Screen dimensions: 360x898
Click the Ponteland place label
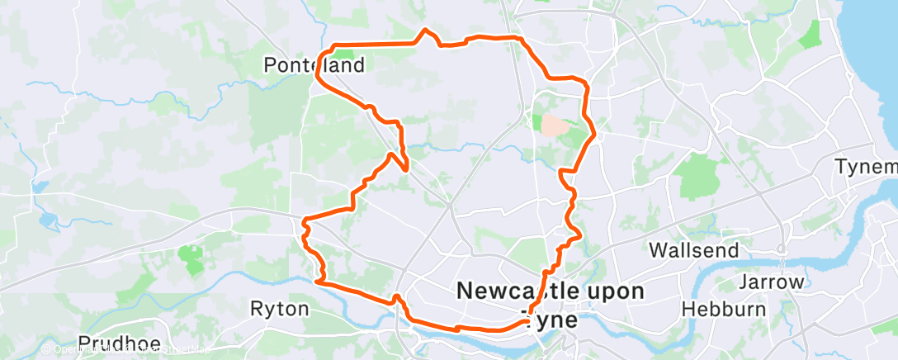point(302,64)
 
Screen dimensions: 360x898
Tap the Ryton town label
point(279,309)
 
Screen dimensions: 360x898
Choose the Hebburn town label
point(715,309)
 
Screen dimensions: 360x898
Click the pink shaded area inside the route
point(554,125)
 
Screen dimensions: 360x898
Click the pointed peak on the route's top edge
point(426,31)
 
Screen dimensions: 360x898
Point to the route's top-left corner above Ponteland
point(332,45)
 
